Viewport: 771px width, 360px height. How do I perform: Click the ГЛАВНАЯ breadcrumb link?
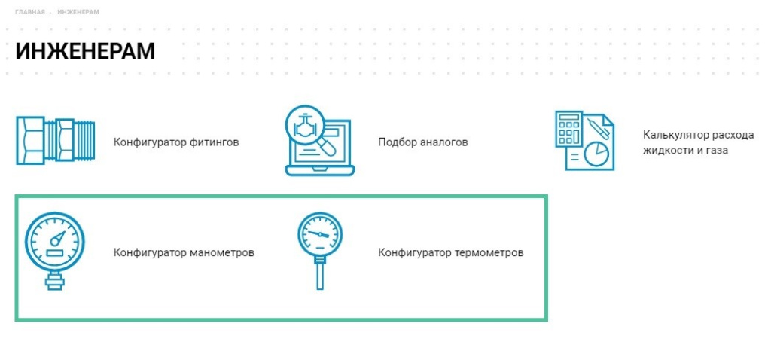pos(30,11)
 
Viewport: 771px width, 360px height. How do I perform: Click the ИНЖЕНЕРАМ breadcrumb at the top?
pos(78,11)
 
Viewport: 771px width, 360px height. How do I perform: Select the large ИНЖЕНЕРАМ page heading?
pos(85,51)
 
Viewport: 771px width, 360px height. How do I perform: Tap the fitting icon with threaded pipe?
pos(55,141)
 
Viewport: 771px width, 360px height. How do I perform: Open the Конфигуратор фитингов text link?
pos(176,142)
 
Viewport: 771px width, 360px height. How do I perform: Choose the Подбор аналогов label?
pos(423,142)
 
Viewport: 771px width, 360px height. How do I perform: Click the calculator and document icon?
pos(584,141)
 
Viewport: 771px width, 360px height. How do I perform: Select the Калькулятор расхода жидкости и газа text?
pos(698,142)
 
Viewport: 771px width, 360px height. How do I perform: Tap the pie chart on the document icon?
pos(596,154)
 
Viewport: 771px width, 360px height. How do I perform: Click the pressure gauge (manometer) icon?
pos(54,251)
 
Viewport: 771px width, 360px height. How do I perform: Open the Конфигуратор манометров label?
pos(184,253)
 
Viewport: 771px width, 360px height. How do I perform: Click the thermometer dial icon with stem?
pos(319,251)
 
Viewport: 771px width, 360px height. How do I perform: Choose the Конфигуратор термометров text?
pos(451,253)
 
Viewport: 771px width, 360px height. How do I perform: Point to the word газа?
pos(717,151)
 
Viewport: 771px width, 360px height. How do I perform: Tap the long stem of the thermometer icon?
pos(319,275)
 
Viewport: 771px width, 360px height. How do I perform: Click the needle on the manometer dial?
pos(58,237)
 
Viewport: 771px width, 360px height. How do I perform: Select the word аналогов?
pos(445,142)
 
